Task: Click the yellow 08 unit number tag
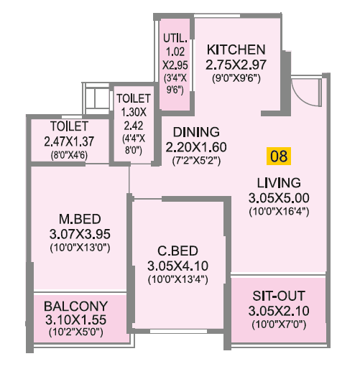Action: pos(278,155)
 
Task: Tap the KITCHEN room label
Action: pos(236,50)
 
